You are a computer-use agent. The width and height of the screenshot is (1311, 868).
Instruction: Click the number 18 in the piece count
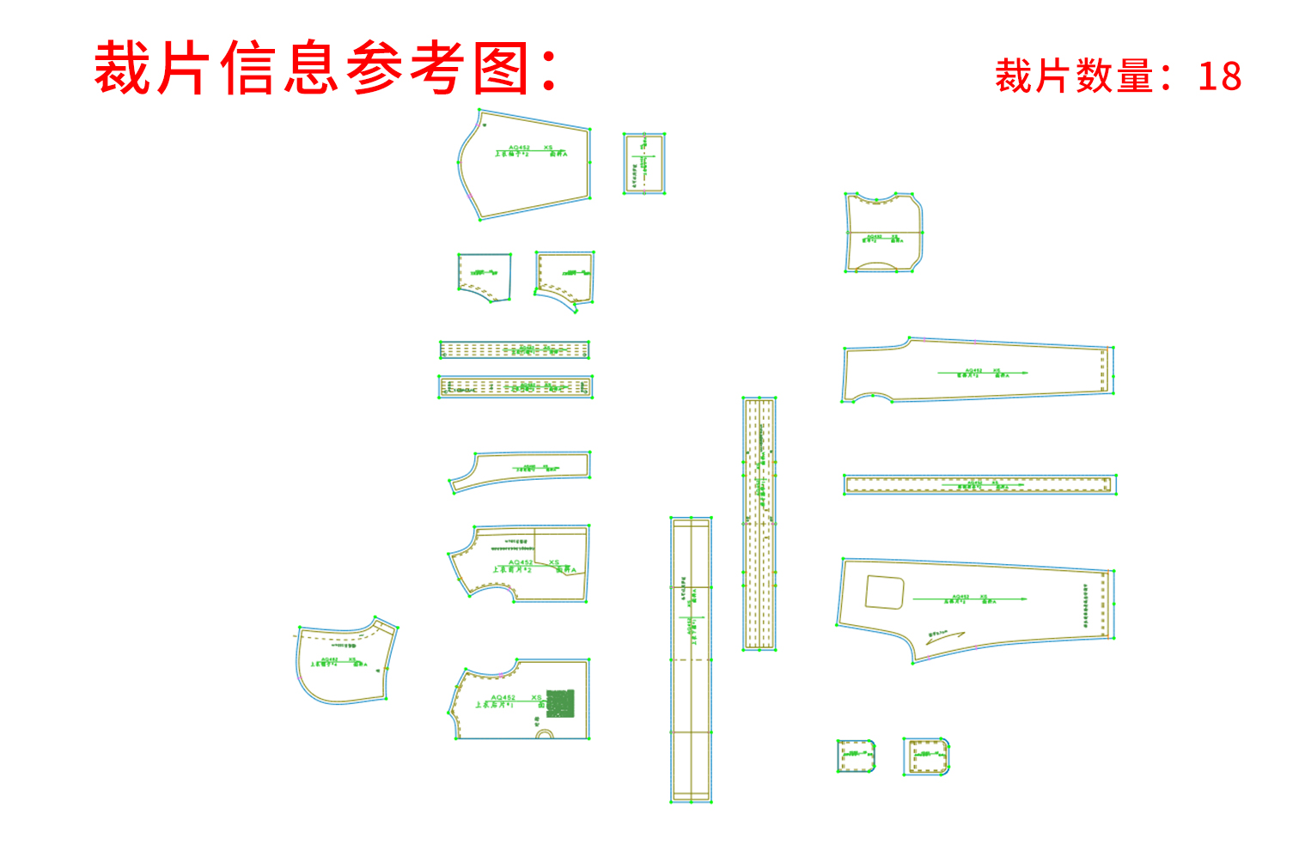pos(1219,76)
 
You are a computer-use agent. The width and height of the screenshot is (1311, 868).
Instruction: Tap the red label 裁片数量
pos(1074,76)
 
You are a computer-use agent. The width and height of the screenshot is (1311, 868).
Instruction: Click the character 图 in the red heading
pos(501,69)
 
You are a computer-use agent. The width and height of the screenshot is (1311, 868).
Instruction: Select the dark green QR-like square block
pos(560,703)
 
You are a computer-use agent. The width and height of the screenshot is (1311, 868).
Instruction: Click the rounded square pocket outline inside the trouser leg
pos(884,592)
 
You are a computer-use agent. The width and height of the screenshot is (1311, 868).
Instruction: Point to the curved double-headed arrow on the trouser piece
pos(945,636)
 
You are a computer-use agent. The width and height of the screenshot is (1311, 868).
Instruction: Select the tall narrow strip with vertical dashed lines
pos(759,524)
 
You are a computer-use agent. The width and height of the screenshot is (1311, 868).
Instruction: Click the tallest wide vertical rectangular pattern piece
pos(691,659)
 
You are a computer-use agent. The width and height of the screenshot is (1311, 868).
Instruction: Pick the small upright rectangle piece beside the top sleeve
pos(644,163)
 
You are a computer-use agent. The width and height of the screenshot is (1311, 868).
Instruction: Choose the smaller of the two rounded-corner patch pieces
pos(856,756)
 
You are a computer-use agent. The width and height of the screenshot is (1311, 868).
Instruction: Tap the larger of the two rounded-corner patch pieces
pos(926,756)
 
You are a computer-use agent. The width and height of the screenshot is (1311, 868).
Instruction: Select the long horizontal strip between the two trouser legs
pos(979,484)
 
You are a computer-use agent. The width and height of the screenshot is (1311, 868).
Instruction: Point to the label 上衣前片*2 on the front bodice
pos(512,569)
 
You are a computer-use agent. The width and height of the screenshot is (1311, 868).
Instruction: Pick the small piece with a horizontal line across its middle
pos(883,233)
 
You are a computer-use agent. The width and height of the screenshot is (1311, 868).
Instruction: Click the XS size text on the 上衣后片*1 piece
pos(536,697)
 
